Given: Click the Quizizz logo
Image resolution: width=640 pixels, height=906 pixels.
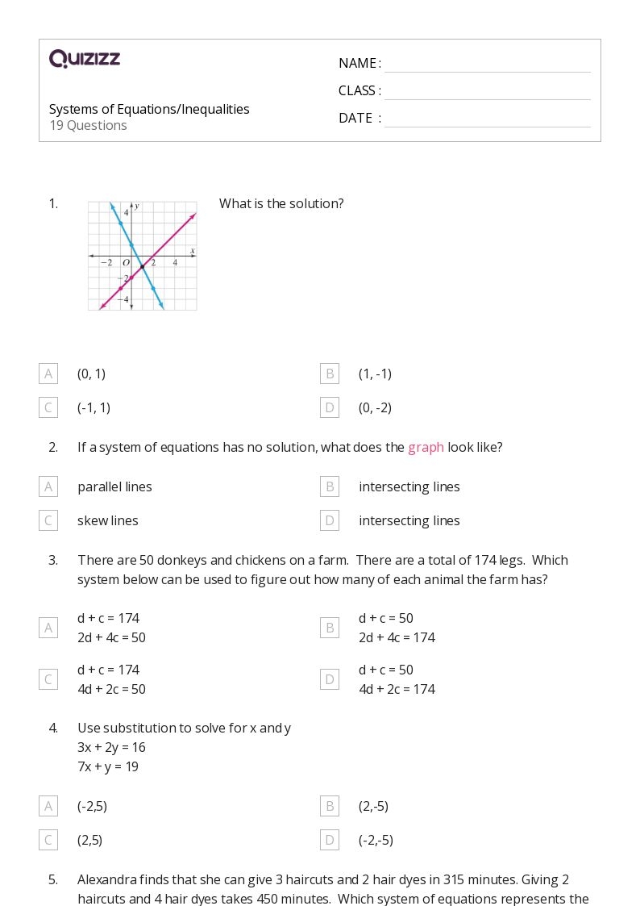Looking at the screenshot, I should (85, 58).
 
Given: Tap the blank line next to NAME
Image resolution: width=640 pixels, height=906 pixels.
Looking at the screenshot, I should (487, 65).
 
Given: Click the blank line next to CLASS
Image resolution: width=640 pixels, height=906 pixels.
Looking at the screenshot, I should (487, 92).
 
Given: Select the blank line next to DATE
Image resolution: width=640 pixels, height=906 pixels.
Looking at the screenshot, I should (487, 119).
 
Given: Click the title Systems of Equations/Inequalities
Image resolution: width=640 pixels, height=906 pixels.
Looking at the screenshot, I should (149, 109).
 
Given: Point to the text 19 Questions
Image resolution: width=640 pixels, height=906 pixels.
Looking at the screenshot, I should (88, 125).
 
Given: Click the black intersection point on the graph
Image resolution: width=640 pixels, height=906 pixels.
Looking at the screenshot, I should (142, 266).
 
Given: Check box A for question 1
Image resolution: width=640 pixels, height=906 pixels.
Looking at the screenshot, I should (48, 374).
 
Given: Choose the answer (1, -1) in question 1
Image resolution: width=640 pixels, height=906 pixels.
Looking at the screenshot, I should (375, 374).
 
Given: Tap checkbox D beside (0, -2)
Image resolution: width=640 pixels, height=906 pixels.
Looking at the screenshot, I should (330, 407).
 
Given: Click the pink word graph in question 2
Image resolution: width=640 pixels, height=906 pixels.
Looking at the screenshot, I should (426, 447).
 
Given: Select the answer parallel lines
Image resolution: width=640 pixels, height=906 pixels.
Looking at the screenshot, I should (114, 486).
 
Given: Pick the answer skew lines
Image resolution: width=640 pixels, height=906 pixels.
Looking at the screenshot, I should (108, 520).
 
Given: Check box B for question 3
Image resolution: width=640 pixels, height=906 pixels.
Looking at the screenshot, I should (330, 628).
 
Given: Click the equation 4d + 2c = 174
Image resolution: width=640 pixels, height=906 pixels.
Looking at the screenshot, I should (397, 689).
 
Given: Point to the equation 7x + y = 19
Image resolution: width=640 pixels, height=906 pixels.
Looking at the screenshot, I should (108, 766).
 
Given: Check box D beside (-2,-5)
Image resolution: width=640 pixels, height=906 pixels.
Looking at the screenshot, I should (330, 840).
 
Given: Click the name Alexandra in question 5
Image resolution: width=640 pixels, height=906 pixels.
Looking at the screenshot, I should (107, 879).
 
